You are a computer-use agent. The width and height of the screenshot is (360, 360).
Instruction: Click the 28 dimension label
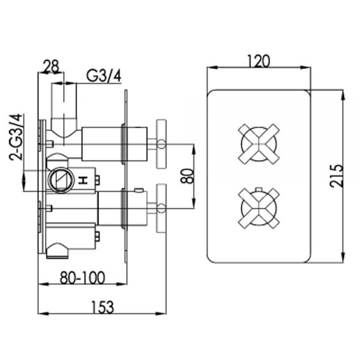51,67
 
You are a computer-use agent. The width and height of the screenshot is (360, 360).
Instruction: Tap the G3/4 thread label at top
104,76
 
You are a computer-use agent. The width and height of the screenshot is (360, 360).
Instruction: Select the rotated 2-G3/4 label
16,137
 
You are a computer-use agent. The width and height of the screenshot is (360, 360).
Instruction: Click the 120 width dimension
259,61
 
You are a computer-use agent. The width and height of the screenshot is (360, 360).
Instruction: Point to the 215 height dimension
337,175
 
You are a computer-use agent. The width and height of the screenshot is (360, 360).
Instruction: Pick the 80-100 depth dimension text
82,278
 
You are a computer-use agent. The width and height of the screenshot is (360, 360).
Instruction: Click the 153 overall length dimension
103,307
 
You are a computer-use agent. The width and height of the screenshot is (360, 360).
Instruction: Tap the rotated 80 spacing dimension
187,176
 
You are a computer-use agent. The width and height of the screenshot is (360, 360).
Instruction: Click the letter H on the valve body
83,180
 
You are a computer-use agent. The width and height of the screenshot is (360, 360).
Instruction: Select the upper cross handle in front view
259,144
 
